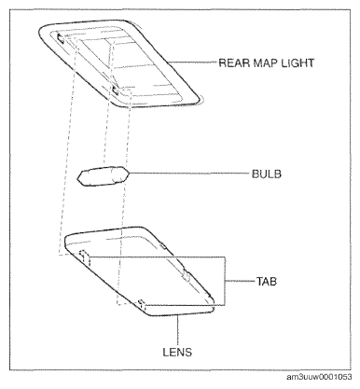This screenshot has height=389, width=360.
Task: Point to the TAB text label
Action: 267,282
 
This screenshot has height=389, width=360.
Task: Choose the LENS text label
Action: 177,352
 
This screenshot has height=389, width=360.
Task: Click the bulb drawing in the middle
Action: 103,175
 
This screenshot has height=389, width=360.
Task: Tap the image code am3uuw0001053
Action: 319,377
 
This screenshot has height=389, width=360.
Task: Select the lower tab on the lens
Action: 142,304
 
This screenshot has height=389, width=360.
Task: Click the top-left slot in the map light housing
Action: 61,37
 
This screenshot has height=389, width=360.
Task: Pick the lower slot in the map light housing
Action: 116,90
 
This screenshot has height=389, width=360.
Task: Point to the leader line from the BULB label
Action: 189,174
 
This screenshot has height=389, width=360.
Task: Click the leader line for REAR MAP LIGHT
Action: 193,63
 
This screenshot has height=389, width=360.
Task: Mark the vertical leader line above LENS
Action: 177,330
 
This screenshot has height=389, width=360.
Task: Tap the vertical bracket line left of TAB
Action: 225,281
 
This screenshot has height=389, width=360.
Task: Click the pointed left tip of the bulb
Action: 77,178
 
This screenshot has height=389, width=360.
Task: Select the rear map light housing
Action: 120,63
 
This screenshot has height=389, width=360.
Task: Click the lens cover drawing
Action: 139,271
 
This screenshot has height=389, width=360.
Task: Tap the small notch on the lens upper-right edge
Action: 162,246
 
